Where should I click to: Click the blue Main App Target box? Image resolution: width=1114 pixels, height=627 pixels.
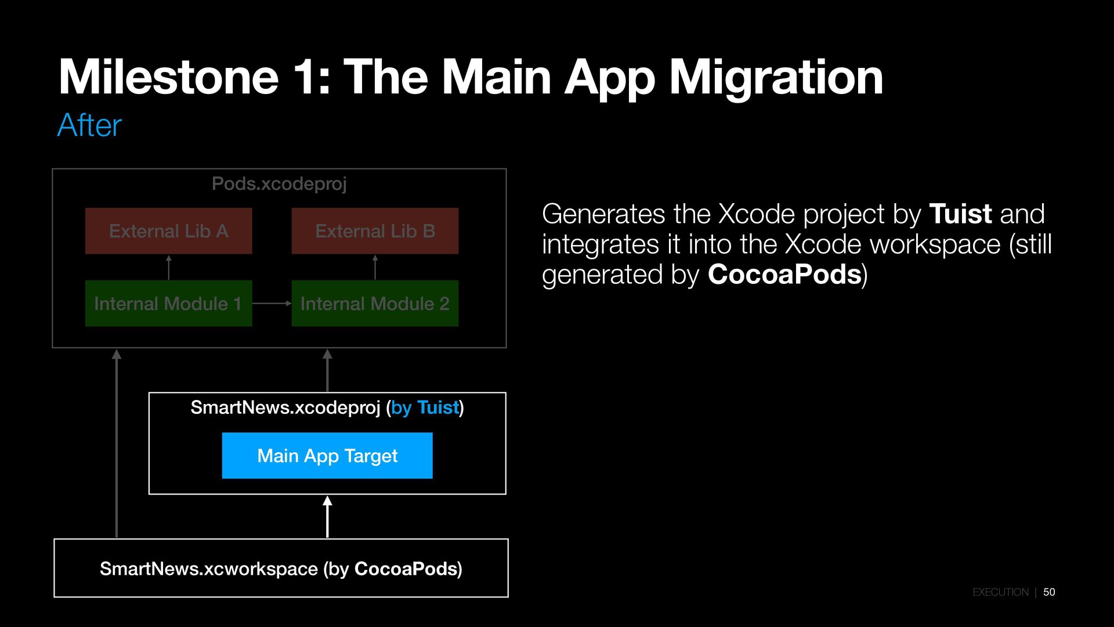click(x=327, y=456)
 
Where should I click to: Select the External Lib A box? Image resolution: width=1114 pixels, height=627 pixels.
click(x=168, y=231)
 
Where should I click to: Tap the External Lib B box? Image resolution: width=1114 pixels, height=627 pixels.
click(x=375, y=231)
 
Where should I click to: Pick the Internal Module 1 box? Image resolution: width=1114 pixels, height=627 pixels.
click(x=168, y=304)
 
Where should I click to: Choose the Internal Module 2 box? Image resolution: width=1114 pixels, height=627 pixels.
click(x=375, y=304)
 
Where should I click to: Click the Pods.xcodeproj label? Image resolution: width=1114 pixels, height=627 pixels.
click(x=279, y=184)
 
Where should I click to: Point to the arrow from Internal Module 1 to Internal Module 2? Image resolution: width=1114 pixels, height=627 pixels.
click(x=272, y=303)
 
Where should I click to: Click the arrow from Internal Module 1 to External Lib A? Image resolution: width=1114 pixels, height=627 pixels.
click(x=169, y=267)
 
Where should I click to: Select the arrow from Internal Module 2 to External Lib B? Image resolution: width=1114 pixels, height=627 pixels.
click(x=375, y=267)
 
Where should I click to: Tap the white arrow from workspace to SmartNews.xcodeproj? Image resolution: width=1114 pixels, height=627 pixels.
click(x=327, y=517)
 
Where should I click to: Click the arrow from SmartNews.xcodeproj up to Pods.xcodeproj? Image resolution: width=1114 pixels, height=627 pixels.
click(x=327, y=370)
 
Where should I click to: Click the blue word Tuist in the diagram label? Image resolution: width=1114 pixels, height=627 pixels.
click(x=437, y=408)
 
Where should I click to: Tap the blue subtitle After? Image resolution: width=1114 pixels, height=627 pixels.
click(x=89, y=125)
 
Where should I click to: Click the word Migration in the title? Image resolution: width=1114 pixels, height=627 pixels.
click(x=776, y=78)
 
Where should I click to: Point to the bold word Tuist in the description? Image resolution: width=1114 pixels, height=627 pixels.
click(x=960, y=214)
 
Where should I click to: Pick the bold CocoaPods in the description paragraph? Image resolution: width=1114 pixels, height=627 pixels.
click(x=784, y=275)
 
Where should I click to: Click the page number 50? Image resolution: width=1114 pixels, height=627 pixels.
click(x=1049, y=592)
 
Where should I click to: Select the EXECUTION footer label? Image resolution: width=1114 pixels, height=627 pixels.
click(x=1000, y=592)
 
